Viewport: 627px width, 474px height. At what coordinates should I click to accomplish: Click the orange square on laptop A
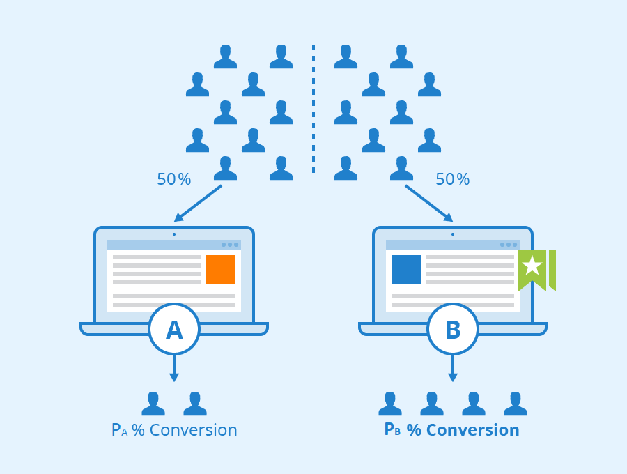point(221,270)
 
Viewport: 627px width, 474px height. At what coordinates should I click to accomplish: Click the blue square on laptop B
point(406,270)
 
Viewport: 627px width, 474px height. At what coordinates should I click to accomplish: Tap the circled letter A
point(174,329)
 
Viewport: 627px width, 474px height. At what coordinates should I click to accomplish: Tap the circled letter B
point(453,329)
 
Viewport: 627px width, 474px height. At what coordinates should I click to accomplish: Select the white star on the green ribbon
point(532,265)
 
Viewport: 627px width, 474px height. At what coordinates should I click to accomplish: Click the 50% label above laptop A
point(173,180)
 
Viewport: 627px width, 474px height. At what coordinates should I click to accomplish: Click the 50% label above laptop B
point(452,180)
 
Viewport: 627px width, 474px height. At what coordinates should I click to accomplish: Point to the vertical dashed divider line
point(313,108)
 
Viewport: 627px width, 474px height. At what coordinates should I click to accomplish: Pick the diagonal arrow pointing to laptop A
point(198,203)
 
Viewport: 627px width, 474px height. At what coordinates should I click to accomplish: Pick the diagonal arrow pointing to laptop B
point(429,203)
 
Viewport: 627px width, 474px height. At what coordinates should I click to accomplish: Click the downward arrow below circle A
point(174,369)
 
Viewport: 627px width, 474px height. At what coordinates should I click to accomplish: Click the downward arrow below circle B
point(453,369)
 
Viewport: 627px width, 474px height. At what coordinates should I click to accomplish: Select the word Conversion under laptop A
point(193,430)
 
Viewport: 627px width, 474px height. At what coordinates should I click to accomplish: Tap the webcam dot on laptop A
point(174,234)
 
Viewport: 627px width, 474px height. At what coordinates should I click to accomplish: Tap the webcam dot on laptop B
point(453,234)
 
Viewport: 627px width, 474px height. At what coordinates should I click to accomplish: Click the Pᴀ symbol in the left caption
point(119,430)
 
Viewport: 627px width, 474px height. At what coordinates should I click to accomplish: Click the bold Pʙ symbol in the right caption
point(392,430)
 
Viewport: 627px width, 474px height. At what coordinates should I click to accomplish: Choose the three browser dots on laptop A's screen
point(230,245)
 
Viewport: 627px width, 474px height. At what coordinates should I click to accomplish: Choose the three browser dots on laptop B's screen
point(509,245)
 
